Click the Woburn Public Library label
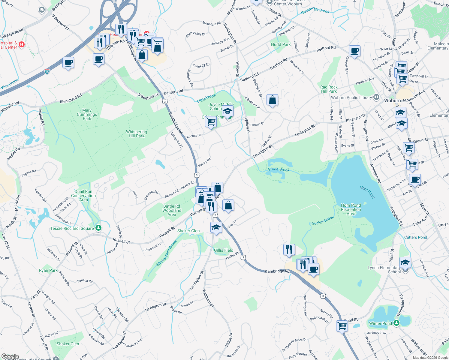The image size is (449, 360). (x=351, y=97)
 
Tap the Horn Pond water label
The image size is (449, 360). (x=367, y=192)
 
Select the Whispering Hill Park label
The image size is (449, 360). (x=137, y=134)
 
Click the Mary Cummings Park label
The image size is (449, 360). (x=87, y=114)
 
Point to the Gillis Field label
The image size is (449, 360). (x=224, y=250)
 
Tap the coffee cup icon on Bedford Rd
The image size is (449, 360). (x=354, y=51)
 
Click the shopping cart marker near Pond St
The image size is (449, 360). (x=342, y=325)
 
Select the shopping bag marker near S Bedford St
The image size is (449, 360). (x=272, y=100)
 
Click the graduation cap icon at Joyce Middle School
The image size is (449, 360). (x=228, y=111)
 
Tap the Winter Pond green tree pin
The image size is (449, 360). (x=396, y=323)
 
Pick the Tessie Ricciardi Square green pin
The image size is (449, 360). (x=98, y=228)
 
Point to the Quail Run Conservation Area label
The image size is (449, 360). (x=83, y=196)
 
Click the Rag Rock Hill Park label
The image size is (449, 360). (x=329, y=89)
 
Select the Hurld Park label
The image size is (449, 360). (x=281, y=44)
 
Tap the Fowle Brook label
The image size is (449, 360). (x=279, y=169)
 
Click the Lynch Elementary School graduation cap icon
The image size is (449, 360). (x=405, y=262)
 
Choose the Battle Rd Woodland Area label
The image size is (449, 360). (x=172, y=210)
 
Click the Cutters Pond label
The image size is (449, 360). (x=415, y=237)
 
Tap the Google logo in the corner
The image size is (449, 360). (x=10, y=356)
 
